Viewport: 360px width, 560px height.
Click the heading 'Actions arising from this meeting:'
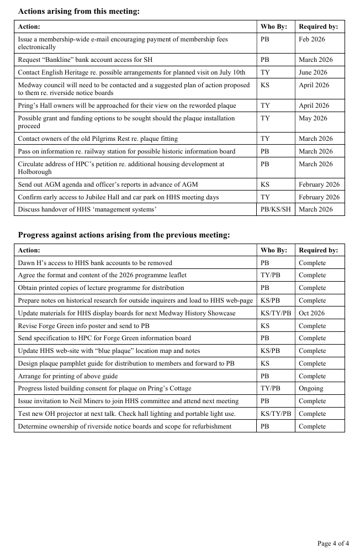(78, 11)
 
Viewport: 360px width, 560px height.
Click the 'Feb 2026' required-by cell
(312, 39)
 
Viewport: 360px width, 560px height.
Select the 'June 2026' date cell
(313, 72)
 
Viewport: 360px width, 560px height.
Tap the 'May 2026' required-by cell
(313, 118)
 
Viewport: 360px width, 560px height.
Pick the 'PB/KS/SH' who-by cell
(275, 209)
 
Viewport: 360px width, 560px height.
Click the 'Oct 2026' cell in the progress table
(311, 313)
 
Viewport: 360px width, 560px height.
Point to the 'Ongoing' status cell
(311, 388)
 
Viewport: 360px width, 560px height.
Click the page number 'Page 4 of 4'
(333, 543)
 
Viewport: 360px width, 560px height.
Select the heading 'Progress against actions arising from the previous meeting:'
(124, 235)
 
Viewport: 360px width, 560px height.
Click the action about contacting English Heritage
(131, 72)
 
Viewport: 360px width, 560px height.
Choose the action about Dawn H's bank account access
(95, 263)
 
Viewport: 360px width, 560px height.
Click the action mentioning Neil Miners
(128, 401)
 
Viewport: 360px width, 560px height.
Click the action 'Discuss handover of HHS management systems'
(94, 209)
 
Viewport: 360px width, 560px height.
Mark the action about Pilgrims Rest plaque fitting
(98, 139)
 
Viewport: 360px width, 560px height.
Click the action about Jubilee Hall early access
(118, 197)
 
